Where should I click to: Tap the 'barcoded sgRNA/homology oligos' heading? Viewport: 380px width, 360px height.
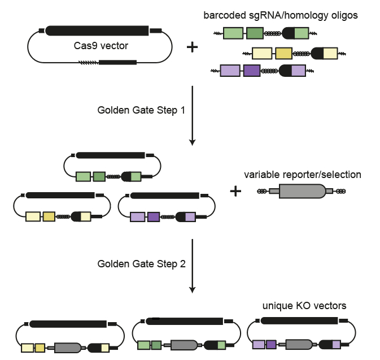coord(281,15)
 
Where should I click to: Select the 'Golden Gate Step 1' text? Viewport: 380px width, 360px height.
coord(141,110)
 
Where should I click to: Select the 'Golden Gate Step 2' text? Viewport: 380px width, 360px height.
coord(141,263)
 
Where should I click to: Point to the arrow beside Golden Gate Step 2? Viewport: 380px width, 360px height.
coord(193,266)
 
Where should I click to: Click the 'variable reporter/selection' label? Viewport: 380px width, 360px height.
coord(303,175)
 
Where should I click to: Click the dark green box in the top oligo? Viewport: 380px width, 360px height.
coord(255,34)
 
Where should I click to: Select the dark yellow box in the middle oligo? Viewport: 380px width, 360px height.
coord(283,54)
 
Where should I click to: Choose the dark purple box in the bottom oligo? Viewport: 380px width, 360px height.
coord(251,71)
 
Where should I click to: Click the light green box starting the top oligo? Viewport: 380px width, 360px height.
coord(234,34)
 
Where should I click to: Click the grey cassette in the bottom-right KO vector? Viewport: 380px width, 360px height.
coord(299,344)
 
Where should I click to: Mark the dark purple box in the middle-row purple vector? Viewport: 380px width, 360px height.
coord(153,216)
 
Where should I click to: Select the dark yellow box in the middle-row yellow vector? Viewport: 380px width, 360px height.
coord(48,216)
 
